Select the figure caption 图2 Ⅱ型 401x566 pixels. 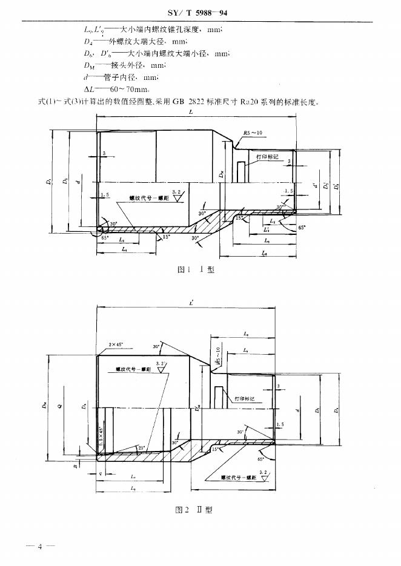pos(194,510)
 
